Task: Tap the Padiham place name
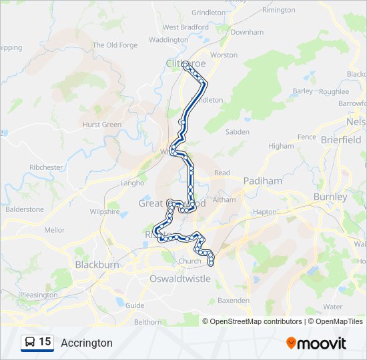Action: (x=262, y=181)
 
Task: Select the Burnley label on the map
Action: (x=330, y=197)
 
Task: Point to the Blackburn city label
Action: (x=97, y=265)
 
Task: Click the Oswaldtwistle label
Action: (x=180, y=279)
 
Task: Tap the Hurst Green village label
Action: (x=102, y=125)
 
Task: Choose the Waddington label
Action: (x=168, y=40)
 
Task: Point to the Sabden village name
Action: (x=237, y=132)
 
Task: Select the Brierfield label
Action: (x=340, y=140)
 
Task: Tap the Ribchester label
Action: (x=47, y=167)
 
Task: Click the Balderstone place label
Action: (x=25, y=209)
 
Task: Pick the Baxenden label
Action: (x=234, y=301)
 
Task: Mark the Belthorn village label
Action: (x=147, y=321)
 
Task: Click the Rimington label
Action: (x=278, y=10)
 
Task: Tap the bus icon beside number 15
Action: (x=29, y=343)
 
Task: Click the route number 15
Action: (x=45, y=342)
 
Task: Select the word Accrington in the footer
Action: (x=87, y=343)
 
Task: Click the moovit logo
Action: (x=316, y=343)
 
